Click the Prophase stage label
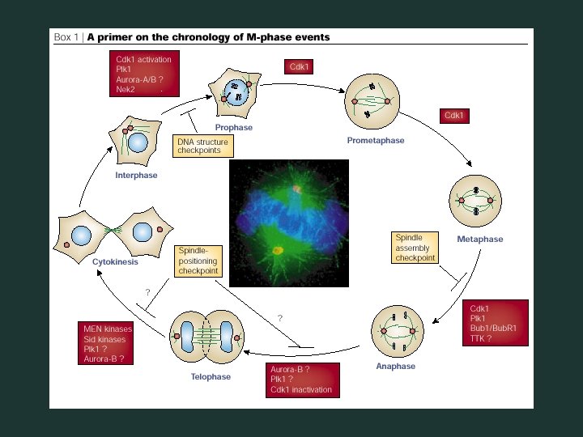pos(233,128)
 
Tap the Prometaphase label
pos(376,141)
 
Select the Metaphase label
pos(480,240)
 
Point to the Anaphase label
pos(395,367)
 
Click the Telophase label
pos(211,376)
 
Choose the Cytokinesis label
pos(115,262)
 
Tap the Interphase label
pos(136,176)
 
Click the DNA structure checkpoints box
pos(202,146)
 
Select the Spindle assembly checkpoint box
pos(415,248)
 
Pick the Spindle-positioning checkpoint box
pos(199,261)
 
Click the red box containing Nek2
pos(144,74)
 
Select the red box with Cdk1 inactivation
pos(301,380)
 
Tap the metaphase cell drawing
pos(476,199)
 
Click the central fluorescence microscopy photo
pos(288,223)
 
